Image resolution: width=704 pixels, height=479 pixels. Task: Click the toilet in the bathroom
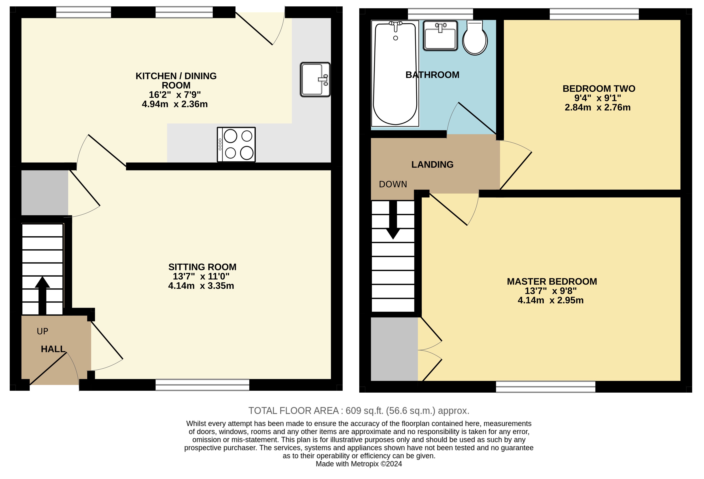point(475,38)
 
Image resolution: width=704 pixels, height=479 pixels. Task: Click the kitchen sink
point(315,79)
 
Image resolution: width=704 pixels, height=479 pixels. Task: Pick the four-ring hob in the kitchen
point(236,144)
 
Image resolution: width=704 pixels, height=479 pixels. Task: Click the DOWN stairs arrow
point(393,220)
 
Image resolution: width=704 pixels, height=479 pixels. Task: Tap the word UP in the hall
point(42,331)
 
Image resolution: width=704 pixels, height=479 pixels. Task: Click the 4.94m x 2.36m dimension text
point(175,104)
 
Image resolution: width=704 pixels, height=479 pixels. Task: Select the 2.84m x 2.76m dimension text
point(597,108)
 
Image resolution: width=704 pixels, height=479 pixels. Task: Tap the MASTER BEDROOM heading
point(552,282)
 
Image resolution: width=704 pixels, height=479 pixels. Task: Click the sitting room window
point(202,385)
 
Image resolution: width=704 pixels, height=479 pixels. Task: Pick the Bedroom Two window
point(594,14)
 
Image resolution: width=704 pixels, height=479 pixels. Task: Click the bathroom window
point(440,14)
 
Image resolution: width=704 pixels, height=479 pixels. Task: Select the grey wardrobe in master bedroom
point(394,349)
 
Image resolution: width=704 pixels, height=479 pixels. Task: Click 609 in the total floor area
point(353,411)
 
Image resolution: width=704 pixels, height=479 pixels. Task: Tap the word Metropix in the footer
point(364,464)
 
